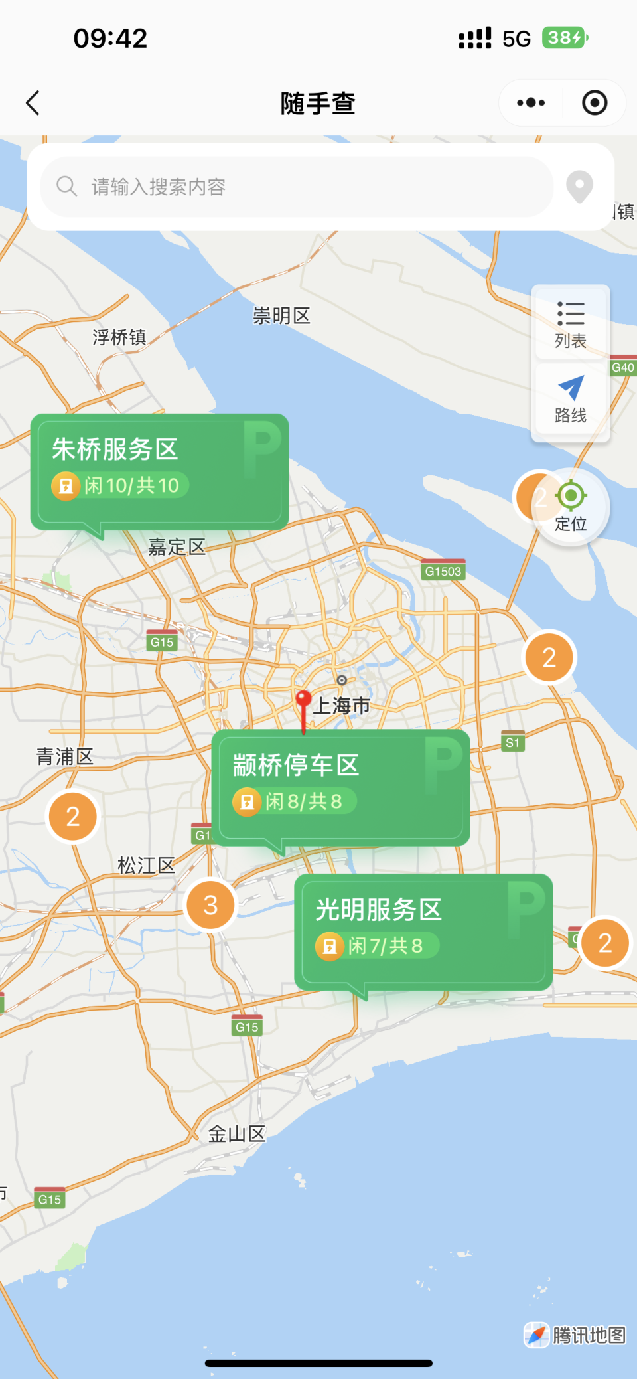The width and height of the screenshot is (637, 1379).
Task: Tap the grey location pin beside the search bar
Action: (x=579, y=187)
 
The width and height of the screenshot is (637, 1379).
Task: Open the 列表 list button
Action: (x=571, y=323)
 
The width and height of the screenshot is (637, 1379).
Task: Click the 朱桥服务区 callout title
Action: (x=115, y=449)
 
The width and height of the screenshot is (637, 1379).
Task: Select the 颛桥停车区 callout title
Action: (x=296, y=765)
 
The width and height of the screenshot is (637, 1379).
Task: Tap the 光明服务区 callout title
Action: (x=378, y=910)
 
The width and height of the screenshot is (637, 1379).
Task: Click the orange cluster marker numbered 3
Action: (x=211, y=905)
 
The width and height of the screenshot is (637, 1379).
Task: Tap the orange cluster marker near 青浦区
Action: (x=73, y=817)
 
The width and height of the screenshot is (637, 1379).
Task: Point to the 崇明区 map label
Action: (x=281, y=315)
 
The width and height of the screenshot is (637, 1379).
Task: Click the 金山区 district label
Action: (x=237, y=1133)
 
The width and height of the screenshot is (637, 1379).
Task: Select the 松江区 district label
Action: (x=146, y=865)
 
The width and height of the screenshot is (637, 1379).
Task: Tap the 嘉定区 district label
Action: (x=177, y=547)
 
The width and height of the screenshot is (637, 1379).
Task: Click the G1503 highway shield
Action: (x=443, y=571)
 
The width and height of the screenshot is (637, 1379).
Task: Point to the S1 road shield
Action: (x=512, y=742)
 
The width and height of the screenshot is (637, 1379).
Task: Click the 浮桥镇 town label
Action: (x=119, y=337)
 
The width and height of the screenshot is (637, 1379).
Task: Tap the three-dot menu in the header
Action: (x=531, y=103)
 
